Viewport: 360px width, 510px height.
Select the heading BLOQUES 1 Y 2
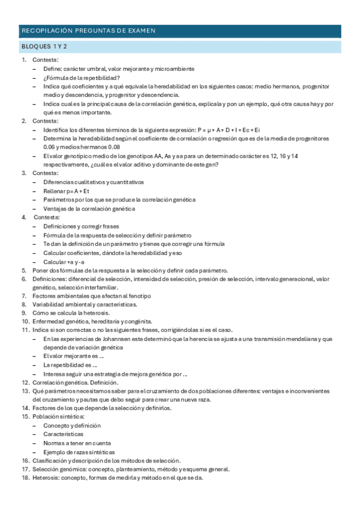point(44,47)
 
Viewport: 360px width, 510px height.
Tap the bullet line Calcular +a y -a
point(64,262)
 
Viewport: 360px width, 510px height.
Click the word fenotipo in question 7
point(139,296)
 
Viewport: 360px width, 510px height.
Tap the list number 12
point(26,382)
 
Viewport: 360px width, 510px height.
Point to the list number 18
point(26,478)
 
